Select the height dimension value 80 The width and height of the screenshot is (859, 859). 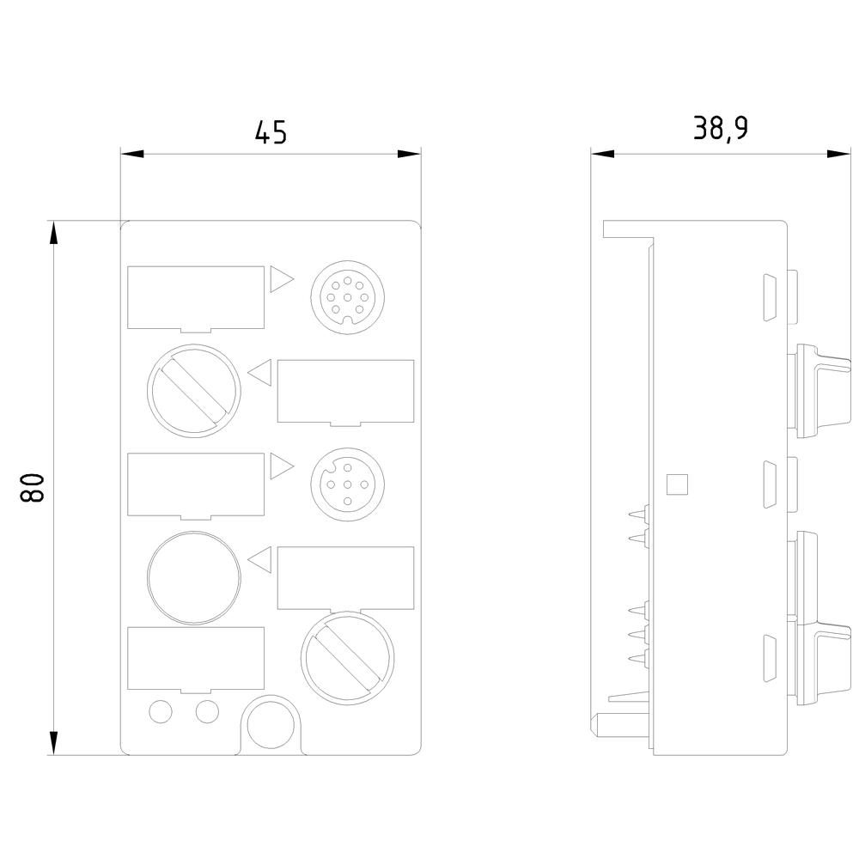pos(32,487)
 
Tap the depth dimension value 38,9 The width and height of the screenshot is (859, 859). pos(720,128)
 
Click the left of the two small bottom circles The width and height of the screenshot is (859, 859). pos(160,711)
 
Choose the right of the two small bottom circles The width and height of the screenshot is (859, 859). pos(206,711)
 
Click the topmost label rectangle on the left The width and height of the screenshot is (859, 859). pos(195,297)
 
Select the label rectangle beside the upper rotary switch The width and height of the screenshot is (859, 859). pos(345,392)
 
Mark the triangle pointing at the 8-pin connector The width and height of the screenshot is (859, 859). pos(281,279)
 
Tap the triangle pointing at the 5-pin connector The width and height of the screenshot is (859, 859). pos(281,467)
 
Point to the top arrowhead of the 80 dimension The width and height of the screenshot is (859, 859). pos(54,233)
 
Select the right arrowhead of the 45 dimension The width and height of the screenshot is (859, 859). pos(410,155)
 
